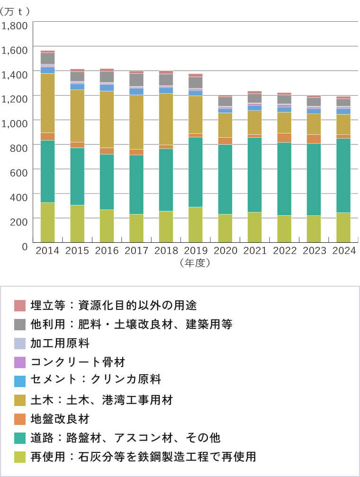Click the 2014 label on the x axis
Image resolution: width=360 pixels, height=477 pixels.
47,251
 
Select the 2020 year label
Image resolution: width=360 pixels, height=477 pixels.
225,251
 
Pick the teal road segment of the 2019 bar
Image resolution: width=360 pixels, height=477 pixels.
195,172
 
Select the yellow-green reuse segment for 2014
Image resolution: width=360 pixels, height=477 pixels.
47,222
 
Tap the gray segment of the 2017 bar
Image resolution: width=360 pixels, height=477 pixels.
136,79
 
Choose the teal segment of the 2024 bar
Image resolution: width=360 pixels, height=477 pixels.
343,175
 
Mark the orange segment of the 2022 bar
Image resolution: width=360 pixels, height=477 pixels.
284,138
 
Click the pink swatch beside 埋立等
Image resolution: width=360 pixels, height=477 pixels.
20,305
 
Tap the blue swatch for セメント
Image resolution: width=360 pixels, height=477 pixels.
20,381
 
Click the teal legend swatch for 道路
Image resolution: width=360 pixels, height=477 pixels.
20,438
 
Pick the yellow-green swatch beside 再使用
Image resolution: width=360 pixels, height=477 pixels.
20,457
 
